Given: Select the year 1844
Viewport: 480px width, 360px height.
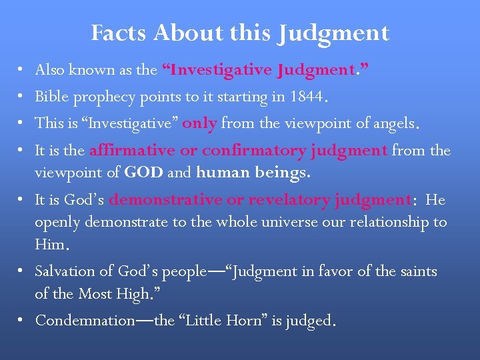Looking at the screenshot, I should [x=306, y=97].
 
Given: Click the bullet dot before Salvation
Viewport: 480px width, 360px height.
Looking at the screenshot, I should [x=21, y=271].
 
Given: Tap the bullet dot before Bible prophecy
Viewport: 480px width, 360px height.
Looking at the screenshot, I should [x=21, y=97].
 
